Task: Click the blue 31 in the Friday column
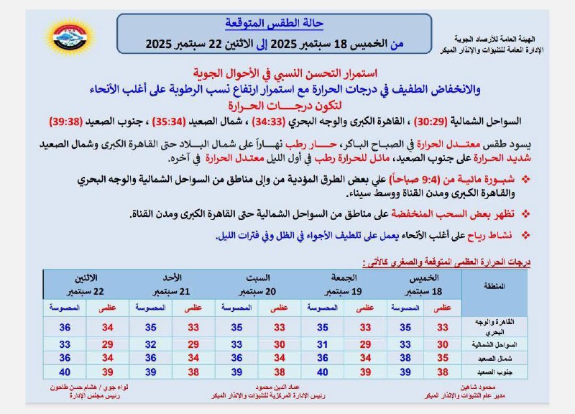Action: (x=323, y=344)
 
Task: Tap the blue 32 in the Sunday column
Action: (x=150, y=344)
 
